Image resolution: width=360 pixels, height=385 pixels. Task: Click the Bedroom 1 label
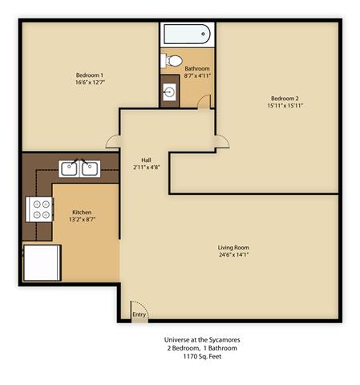[90, 75]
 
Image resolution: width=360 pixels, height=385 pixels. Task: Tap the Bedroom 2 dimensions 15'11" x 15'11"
[285, 105]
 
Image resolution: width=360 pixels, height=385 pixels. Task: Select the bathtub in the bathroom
[186, 34]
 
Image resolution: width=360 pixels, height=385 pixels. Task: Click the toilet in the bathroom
[171, 61]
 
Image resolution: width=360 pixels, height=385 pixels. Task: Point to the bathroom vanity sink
[170, 91]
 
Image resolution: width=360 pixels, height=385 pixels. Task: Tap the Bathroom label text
[196, 69]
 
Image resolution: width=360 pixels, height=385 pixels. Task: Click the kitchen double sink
[79, 168]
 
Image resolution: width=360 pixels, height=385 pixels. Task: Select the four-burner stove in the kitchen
[39, 209]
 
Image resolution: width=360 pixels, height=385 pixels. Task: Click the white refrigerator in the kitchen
[42, 262]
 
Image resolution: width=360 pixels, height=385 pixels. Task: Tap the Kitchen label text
[81, 211]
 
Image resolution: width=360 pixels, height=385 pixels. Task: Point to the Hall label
[146, 160]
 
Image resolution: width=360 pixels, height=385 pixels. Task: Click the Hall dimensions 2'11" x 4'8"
[146, 167]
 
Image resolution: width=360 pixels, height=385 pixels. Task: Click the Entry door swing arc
[140, 310]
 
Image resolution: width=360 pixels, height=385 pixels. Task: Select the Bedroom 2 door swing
[220, 140]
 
